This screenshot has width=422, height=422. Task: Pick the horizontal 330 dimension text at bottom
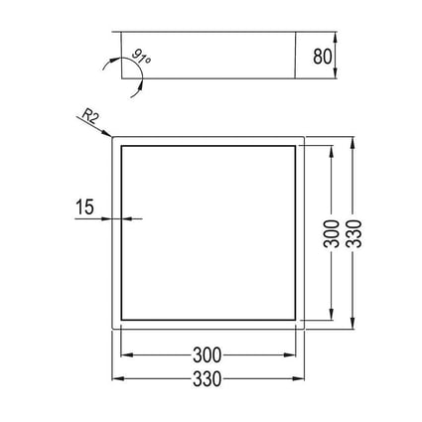[208, 379]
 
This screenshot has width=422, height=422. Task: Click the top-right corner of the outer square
[303, 136]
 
